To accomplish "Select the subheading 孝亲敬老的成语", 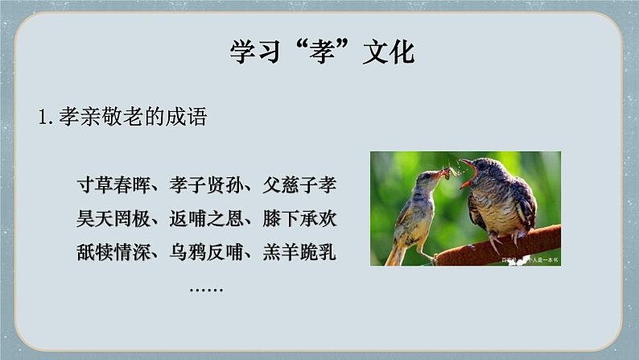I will [x=133, y=117].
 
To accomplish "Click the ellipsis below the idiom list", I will [x=206, y=287].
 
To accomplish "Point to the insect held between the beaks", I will [x=449, y=170].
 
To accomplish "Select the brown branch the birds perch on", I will [x=515, y=242].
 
